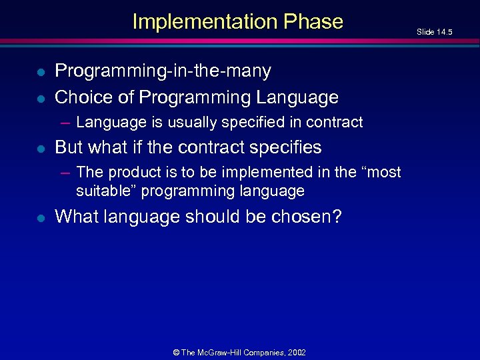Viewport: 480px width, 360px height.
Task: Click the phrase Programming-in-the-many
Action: pyautogui.click(x=163, y=70)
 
